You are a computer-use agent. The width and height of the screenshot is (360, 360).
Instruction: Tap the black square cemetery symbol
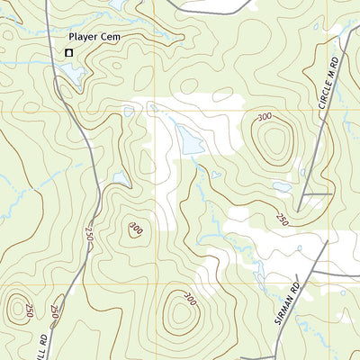point(68,53)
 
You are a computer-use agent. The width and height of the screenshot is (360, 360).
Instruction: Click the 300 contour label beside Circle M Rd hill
point(265,117)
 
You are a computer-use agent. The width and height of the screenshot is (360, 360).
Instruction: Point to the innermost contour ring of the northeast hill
point(273,142)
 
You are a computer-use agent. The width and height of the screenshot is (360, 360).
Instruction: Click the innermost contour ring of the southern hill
point(181,314)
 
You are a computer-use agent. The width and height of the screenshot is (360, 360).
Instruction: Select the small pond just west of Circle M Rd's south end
point(282,188)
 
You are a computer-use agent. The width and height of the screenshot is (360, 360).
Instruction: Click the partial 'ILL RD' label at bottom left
point(42,346)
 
